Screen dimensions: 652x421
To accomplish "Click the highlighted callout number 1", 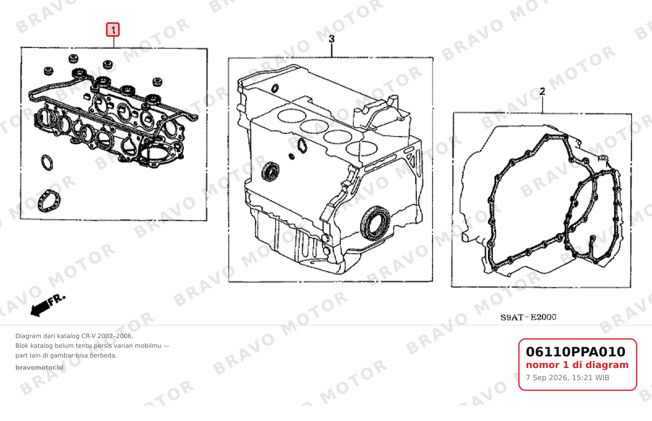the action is (x=113, y=30).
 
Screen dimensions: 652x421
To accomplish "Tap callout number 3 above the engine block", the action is (x=332, y=39).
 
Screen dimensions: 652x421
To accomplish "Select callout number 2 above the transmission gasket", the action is (x=542, y=92).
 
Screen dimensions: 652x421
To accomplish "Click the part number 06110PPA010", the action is (x=576, y=352).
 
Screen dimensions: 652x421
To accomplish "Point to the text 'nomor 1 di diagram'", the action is (x=577, y=365).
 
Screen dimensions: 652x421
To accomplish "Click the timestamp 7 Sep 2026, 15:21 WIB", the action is (x=567, y=378).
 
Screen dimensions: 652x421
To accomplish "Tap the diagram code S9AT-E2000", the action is (x=528, y=317).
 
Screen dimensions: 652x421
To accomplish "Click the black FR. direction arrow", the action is (x=47, y=305).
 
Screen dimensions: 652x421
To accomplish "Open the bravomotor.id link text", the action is (x=39, y=368).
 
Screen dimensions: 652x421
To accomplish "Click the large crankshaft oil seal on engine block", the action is (x=375, y=223).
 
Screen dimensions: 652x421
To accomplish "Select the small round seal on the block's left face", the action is (x=271, y=171).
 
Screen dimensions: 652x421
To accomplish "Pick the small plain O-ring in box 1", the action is (x=47, y=162).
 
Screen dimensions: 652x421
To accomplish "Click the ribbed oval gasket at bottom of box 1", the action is (x=49, y=201).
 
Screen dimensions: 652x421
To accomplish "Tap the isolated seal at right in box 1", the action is (x=157, y=82).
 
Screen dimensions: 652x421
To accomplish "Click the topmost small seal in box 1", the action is (x=73, y=58).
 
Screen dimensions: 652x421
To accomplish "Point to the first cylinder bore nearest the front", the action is (x=291, y=116).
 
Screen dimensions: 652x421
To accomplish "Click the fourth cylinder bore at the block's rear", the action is (x=362, y=148).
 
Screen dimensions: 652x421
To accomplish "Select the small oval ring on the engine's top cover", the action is (x=275, y=88).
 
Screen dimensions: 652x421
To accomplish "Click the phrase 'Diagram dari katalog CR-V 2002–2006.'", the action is (x=74, y=336).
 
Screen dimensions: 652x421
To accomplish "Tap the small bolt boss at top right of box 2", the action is (x=603, y=158).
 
